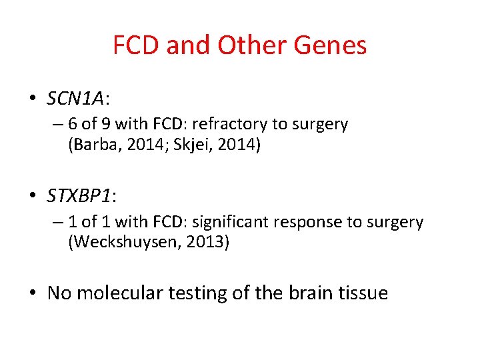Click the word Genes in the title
(333, 45)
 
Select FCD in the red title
(136, 45)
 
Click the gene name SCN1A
(75, 99)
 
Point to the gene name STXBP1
(79, 195)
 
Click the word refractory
(243, 125)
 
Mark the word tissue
(363, 293)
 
